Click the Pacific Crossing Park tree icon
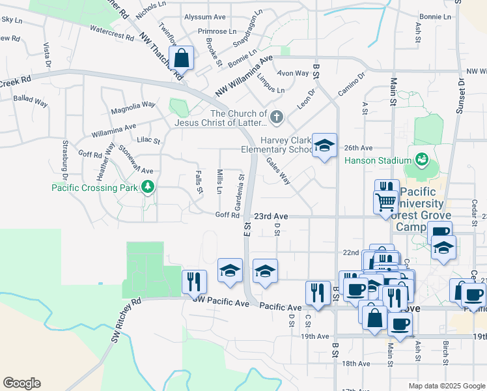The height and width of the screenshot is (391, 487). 148,188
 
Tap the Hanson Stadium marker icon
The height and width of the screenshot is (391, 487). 421,160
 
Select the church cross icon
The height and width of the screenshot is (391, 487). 277,117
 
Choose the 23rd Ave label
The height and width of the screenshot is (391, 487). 271,216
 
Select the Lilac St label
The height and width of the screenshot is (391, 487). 148,139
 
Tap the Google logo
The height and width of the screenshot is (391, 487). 21,383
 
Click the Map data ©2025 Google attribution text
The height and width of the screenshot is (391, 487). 445,386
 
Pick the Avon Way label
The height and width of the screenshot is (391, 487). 293,73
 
